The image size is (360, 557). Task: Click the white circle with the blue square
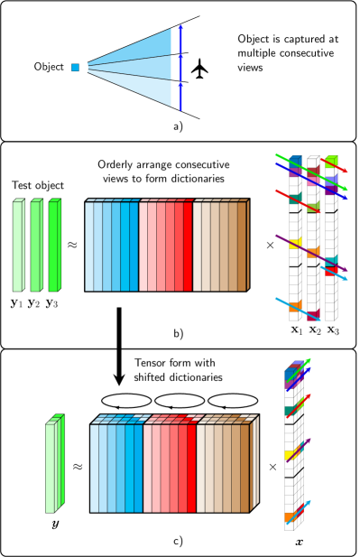[x=75, y=68]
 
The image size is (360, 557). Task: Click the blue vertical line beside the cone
[x=180, y=68]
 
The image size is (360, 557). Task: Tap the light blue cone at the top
[x=135, y=67]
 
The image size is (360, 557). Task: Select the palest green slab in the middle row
[x=18, y=246]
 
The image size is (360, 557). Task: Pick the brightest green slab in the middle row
[x=54, y=246]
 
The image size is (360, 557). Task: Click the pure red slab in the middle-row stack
[x=188, y=246]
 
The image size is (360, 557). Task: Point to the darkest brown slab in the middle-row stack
[x=242, y=246]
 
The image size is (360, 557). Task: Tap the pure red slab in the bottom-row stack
[x=191, y=468]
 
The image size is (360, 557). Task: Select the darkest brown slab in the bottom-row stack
[x=245, y=468]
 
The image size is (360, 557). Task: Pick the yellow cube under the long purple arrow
[x=295, y=243]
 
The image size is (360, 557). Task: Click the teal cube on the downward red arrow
[x=295, y=199]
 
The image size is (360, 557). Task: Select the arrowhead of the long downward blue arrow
[x=344, y=197]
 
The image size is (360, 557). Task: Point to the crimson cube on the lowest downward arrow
[x=313, y=315]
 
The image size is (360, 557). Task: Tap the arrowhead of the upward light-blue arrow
[x=309, y=502]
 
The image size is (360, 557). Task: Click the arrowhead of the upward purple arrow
[x=309, y=441]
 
